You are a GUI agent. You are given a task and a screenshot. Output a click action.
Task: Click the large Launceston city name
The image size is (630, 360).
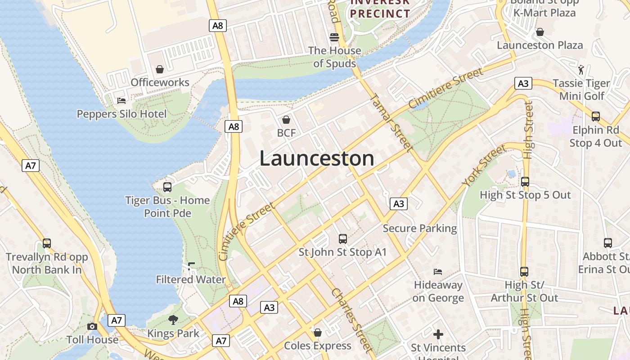[x=317, y=159]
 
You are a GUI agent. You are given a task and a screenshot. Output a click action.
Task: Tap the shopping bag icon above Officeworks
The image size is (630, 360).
[x=160, y=69]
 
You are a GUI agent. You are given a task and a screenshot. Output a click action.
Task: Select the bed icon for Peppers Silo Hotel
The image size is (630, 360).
[x=121, y=100]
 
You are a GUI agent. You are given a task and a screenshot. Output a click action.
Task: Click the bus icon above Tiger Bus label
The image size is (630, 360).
[x=167, y=187]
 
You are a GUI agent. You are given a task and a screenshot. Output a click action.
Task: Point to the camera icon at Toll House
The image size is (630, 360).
[x=92, y=326]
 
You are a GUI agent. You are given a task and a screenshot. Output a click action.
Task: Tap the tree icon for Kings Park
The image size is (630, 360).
[x=173, y=320]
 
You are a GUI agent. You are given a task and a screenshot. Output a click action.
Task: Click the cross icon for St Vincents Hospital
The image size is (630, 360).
[x=438, y=334]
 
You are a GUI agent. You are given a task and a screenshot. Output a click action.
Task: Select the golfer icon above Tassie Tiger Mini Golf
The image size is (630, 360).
[x=581, y=70]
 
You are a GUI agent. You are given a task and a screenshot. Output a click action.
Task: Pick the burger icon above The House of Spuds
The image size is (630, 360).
[x=334, y=37]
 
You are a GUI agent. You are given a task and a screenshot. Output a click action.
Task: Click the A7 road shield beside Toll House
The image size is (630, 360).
[x=117, y=320]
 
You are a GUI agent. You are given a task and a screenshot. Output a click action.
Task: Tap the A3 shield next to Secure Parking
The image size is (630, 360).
[x=398, y=204]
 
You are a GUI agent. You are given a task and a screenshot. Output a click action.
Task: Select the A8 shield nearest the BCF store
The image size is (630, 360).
[x=234, y=126]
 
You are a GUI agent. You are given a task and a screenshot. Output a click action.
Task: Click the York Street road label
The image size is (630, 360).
[x=484, y=166]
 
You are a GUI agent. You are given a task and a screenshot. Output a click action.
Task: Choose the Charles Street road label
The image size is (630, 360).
[x=352, y=320]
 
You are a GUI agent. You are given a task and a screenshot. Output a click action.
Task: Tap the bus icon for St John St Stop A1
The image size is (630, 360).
[x=343, y=238]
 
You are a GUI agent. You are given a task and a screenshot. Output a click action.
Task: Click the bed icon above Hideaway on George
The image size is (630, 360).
[x=437, y=271]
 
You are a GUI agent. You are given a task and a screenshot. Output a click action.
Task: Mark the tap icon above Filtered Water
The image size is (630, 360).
[x=191, y=266]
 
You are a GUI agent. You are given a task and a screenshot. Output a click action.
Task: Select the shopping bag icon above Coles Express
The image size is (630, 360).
[x=318, y=333]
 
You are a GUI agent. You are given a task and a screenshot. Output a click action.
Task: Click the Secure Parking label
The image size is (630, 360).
[x=420, y=229]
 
